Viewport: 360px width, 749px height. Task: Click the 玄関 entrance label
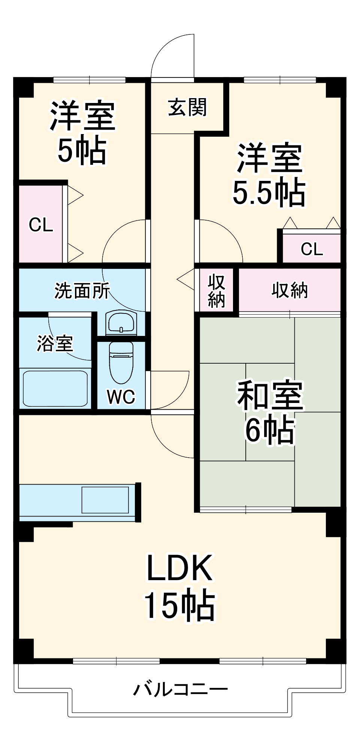click(187, 107)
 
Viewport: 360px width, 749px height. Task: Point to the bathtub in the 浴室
click(55, 388)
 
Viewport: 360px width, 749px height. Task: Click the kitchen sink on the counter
click(105, 500)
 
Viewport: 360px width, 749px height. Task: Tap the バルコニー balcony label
click(180, 689)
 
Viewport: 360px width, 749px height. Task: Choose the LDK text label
click(180, 568)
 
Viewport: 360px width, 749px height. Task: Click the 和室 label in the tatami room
click(270, 395)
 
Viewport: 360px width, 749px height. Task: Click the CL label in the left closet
click(41, 225)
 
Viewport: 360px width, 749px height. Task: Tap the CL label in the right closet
click(312, 249)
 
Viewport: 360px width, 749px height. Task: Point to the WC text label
click(121, 397)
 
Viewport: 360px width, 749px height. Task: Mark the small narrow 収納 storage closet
click(217, 290)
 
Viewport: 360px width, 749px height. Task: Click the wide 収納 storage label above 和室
click(290, 290)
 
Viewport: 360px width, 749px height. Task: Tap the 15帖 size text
click(180, 606)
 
